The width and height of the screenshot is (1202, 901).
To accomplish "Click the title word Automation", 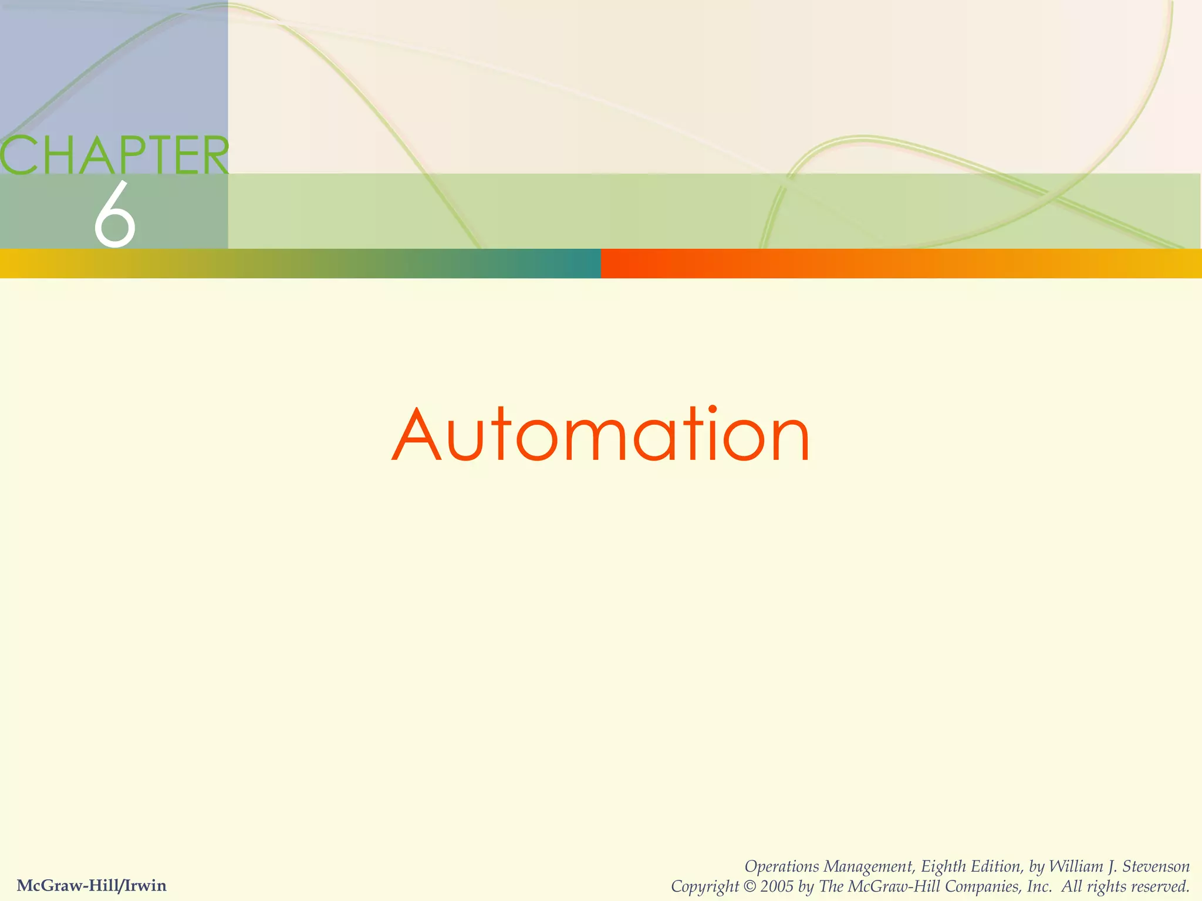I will [601, 435].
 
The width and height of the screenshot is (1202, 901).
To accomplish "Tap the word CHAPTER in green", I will [114, 155].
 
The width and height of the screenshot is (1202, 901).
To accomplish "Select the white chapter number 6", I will [115, 215].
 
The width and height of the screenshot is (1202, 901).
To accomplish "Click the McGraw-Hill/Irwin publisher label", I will [92, 885].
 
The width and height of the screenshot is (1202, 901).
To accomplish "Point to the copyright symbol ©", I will [749, 886].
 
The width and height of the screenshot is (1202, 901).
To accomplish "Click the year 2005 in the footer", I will [777, 886].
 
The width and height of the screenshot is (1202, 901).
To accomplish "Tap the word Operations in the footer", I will [782, 867].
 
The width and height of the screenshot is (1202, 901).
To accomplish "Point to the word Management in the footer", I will [869, 867].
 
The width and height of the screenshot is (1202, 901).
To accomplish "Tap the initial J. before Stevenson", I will [1111, 866].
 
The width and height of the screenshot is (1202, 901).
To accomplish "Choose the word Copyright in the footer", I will [704, 886].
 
